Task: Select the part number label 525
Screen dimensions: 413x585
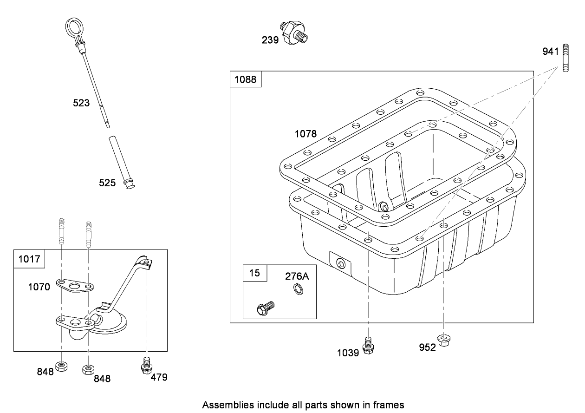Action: pyautogui.click(x=107, y=183)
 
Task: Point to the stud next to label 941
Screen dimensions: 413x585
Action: pyautogui.click(x=566, y=58)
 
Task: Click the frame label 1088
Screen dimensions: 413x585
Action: pyautogui.click(x=245, y=79)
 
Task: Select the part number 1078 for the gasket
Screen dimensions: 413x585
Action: pyautogui.click(x=305, y=134)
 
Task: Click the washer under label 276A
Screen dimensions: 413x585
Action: pyautogui.click(x=296, y=291)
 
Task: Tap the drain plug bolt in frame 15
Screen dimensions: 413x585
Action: pyautogui.click(x=265, y=307)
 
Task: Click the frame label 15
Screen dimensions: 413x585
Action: pyautogui.click(x=255, y=273)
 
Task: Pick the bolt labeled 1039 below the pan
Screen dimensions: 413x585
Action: pyautogui.click(x=368, y=346)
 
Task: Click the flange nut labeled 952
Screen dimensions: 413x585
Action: pyautogui.click(x=444, y=340)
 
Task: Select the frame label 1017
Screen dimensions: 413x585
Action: pyautogui.click(x=29, y=259)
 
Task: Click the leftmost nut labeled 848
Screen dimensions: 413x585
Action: pyautogui.click(x=61, y=367)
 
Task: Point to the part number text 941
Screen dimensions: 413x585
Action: pyautogui.click(x=551, y=52)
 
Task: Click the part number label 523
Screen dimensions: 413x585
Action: pyautogui.click(x=81, y=103)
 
